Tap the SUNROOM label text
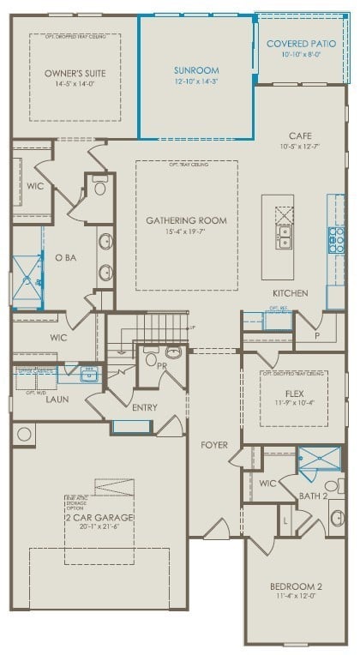196,70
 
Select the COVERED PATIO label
299,43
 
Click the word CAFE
299,135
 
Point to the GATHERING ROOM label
186,220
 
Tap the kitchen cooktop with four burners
338,239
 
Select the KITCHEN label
290,293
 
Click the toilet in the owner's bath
99,186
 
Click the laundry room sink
88,375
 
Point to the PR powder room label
161,365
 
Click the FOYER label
213,445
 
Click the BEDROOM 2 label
296,586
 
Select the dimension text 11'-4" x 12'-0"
296,598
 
